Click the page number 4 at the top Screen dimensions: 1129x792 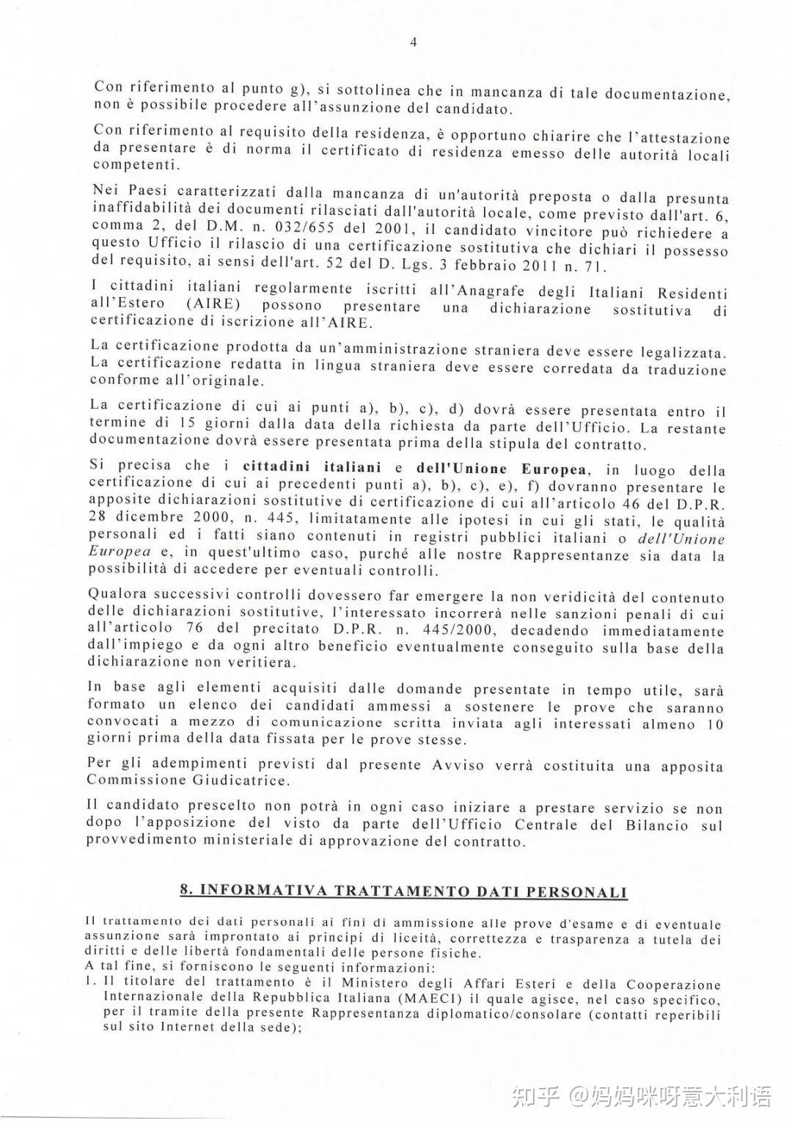[x=413, y=43]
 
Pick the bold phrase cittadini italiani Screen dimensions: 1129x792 [x=312, y=467]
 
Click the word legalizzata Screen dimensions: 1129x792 [x=683, y=353]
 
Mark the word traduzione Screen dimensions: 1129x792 [x=686, y=370]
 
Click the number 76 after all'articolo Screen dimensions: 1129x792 [x=207, y=629]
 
